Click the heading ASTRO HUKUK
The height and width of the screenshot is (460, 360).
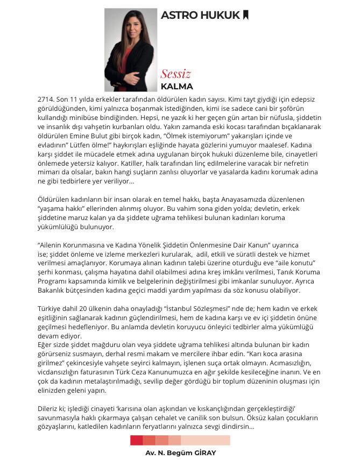pos(200,15)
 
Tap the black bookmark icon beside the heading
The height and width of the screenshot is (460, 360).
pos(246,15)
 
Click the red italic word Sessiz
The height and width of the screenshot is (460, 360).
pos(175,74)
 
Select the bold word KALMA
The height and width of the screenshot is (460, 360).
pos(177,86)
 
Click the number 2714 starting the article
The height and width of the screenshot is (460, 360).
pos(46,100)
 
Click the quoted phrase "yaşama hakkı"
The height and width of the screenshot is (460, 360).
pos(59,208)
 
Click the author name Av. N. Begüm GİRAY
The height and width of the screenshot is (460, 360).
pos(180,453)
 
